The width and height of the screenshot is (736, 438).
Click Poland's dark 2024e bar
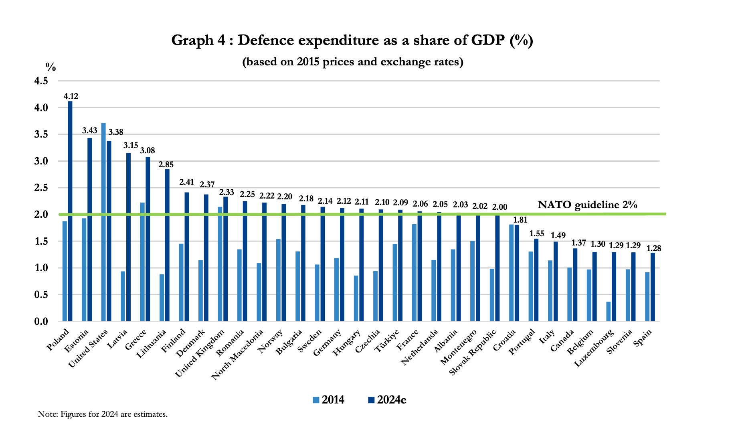click(70, 211)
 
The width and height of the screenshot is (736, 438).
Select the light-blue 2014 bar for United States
click(103, 222)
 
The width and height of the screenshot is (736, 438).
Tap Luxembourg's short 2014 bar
click(609, 311)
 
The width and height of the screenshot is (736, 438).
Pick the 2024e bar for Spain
click(653, 287)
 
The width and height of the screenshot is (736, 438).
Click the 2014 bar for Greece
click(142, 262)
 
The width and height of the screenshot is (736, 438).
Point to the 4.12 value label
click(71, 96)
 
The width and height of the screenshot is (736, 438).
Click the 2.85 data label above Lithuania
click(166, 164)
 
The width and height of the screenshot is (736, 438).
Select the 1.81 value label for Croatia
click(520, 220)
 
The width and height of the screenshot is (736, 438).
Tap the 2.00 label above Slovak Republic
click(499, 207)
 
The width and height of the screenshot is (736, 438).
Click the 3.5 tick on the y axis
click(41, 134)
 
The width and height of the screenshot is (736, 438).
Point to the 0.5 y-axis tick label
click(41, 295)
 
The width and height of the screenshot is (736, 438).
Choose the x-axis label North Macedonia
click(237, 354)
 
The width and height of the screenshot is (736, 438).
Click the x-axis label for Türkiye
click(387, 341)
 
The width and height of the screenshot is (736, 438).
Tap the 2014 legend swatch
click(316, 400)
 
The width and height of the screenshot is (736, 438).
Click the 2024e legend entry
click(387, 400)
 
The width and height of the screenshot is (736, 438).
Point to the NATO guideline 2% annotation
click(587, 205)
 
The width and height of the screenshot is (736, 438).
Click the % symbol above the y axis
click(51, 67)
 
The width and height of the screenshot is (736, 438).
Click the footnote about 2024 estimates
click(103, 414)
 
